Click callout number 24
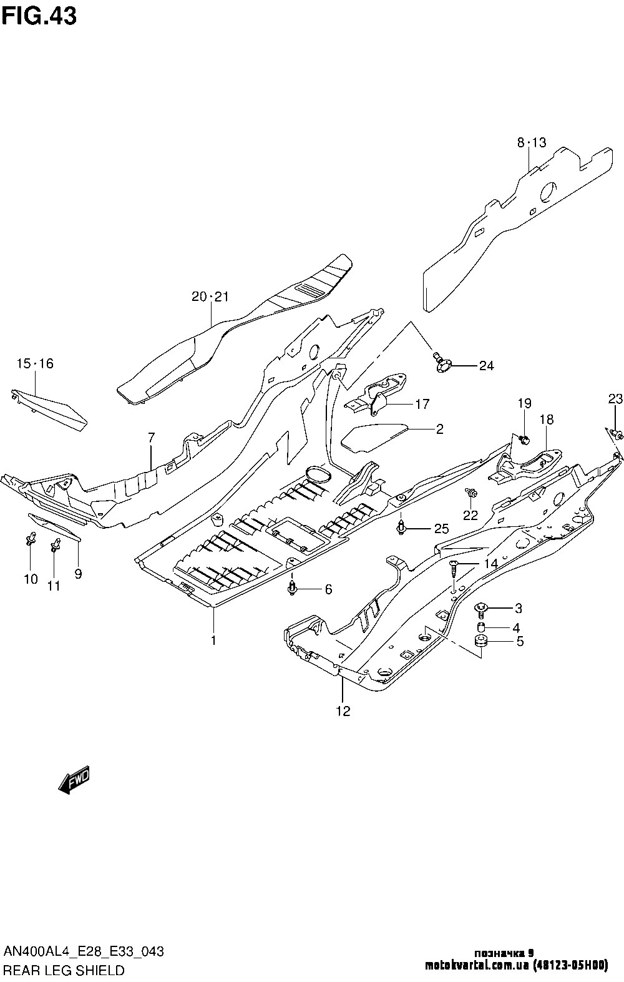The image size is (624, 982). [x=486, y=366]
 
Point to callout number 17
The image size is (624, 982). [x=422, y=404]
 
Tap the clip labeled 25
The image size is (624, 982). [x=402, y=528]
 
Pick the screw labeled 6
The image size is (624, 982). [x=292, y=587]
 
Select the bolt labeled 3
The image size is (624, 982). [x=482, y=607]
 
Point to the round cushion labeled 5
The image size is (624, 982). [x=481, y=642]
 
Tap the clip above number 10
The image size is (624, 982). [x=30, y=538]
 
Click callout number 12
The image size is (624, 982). [x=343, y=710]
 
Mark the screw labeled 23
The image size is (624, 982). [x=615, y=433]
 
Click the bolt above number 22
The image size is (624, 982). [x=471, y=494]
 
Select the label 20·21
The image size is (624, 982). [x=210, y=297]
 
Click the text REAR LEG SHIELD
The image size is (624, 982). [x=64, y=970]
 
